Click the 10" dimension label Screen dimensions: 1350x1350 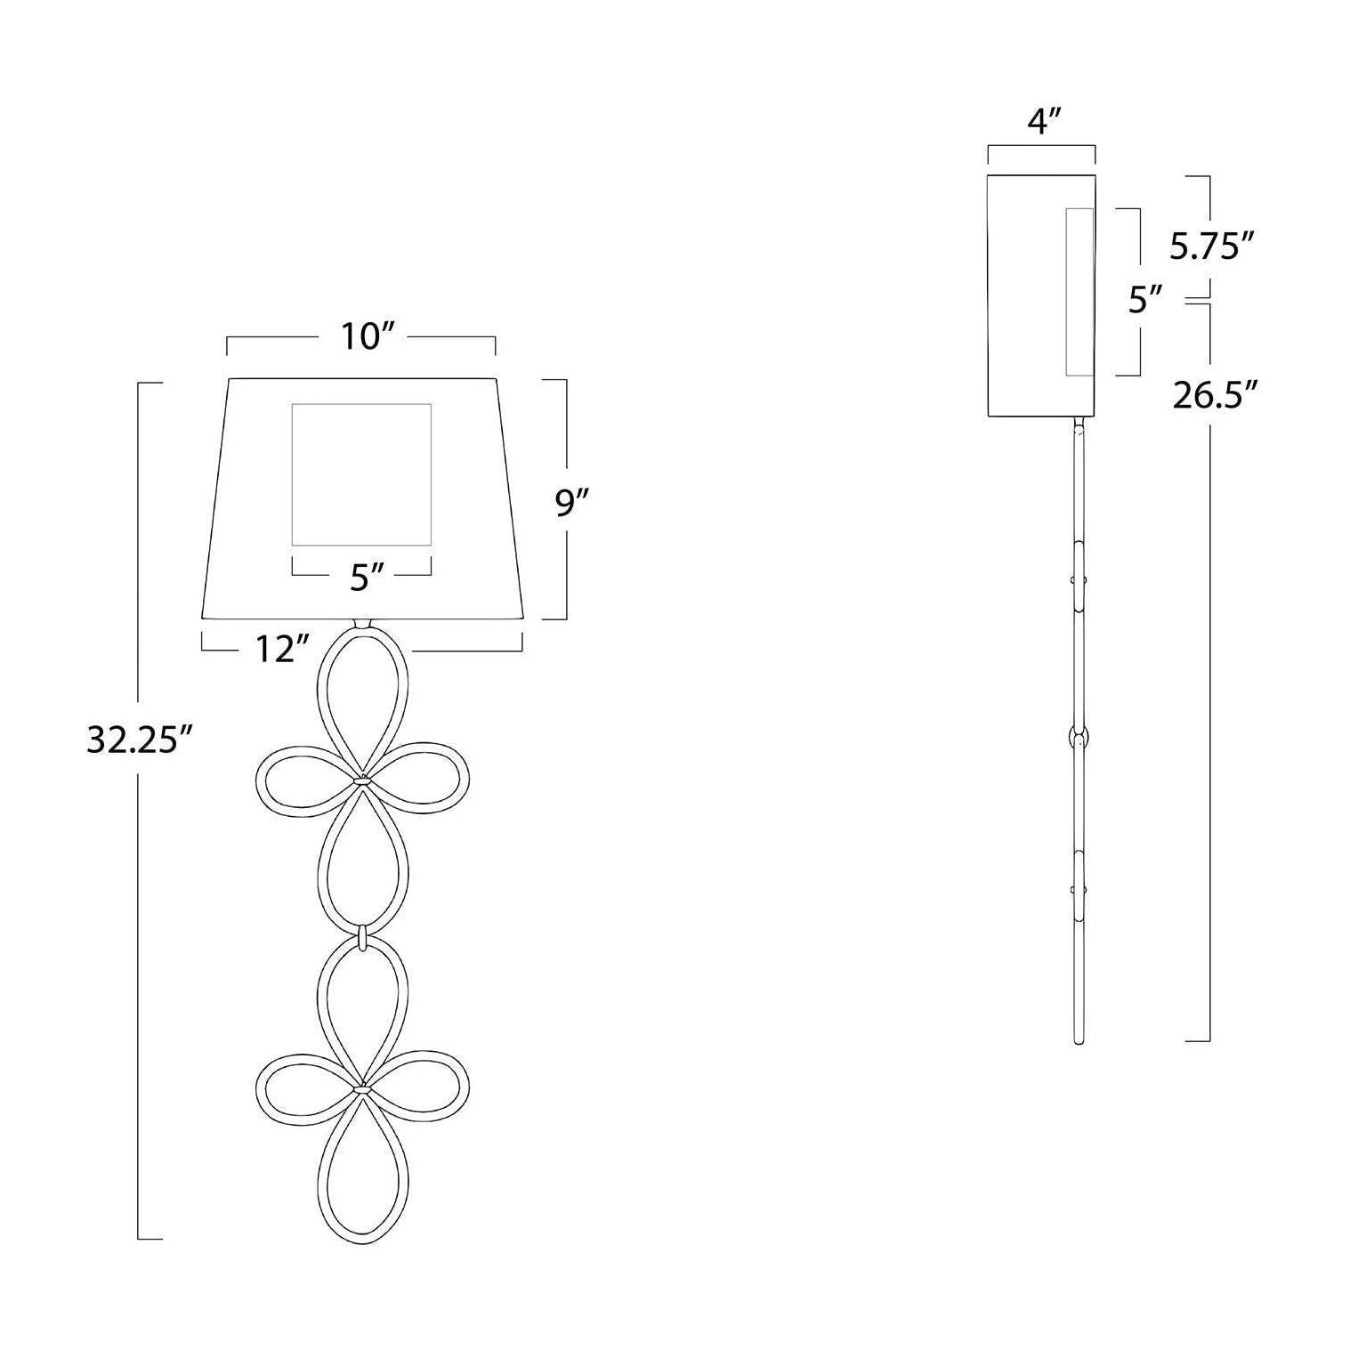click(362, 337)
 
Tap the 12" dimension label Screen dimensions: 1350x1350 click(276, 650)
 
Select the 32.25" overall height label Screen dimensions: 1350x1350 click(140, 739)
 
